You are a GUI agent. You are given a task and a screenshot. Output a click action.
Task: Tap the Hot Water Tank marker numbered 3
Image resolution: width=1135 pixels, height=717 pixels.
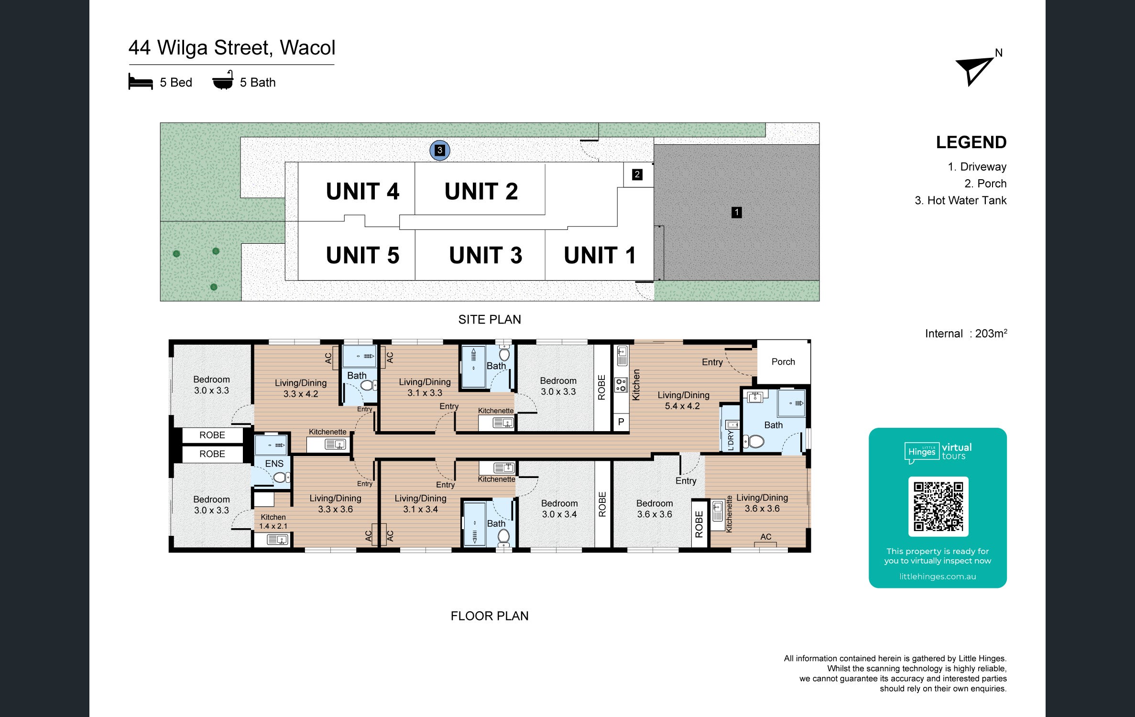point(440,151)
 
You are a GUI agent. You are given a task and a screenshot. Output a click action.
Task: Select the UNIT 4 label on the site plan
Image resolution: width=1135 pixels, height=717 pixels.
point(362,192)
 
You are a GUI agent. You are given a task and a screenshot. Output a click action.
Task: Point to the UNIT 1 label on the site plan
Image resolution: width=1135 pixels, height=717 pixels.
point(600,255)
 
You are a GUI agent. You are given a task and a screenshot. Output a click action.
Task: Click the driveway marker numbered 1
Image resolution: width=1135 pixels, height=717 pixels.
point(737,212)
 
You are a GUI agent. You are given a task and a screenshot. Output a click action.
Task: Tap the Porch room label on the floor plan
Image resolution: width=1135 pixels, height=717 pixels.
point(783,362)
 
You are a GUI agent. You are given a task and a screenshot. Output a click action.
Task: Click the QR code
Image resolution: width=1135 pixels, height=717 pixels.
point(938,507)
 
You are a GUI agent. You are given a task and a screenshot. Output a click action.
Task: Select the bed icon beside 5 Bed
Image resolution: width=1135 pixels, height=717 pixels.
point(141,82)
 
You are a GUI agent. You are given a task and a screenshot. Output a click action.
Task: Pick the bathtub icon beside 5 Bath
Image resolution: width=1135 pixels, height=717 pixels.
point(223,80)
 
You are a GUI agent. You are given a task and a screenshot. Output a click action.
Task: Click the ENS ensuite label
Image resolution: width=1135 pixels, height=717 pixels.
point(274,464)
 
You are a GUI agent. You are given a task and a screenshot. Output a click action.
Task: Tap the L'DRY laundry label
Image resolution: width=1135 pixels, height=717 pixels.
point(730,441)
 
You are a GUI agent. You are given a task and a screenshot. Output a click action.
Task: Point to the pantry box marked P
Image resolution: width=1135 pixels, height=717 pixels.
point(621,422)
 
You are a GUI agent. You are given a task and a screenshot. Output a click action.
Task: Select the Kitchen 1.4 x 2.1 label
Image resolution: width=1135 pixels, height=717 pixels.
point(273,521)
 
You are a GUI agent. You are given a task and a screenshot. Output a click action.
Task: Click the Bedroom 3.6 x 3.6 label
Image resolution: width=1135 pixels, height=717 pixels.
point(655,509)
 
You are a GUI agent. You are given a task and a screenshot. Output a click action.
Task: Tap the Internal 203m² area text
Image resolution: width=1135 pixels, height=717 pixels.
point(966,333)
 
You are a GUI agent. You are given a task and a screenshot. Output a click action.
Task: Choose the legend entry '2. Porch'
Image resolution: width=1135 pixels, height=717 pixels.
point(985,184)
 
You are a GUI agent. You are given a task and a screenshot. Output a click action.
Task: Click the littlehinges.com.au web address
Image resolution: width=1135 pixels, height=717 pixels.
point(938,576)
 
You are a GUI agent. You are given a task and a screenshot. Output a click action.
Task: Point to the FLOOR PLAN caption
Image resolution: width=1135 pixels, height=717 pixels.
point(490,616)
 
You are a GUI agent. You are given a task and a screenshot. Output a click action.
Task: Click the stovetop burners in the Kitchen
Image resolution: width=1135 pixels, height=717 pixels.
point(621,385)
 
